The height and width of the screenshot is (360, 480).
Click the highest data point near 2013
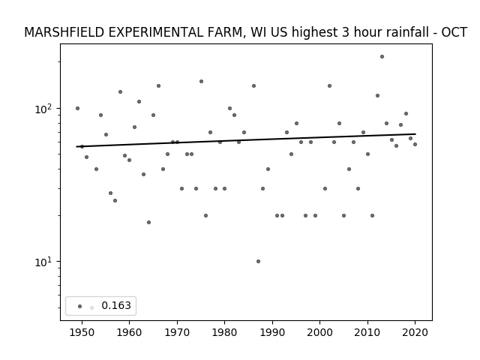tap(382, 57)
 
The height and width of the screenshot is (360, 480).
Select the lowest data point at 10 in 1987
tap(258, 262)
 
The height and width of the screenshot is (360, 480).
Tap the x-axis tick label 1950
tap(82, 332)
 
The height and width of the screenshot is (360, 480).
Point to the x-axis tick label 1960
tap(129, 332)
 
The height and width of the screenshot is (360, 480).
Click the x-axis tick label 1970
tap(177, 332)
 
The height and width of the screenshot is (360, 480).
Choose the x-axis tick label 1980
tap(224, 332)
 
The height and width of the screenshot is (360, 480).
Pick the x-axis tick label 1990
tap(272, 332)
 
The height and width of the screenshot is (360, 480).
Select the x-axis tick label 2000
tap(319, 332)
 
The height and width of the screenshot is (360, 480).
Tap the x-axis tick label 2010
tap(367, 332)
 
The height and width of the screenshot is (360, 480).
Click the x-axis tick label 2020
tap(415, 332)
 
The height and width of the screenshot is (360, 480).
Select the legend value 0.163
tap(116, 305)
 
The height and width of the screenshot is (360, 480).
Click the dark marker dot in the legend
tap(80, 307)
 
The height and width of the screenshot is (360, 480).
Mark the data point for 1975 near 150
tap(201, 82)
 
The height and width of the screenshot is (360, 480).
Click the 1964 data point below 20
tap(148, 222)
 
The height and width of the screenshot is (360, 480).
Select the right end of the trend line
tap(415, 133)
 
